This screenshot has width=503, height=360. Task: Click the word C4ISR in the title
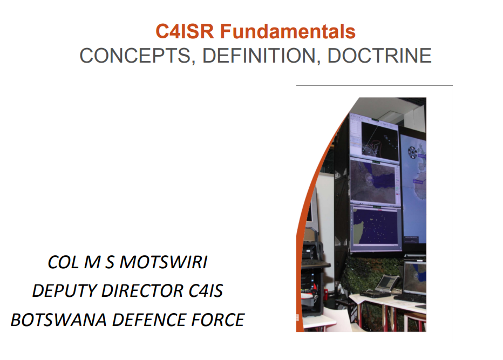click(185, 31)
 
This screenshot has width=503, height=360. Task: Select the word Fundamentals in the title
click(288, 31)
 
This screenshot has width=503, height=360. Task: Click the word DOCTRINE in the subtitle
click(379, 56)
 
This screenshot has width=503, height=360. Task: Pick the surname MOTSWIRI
click(164, 262)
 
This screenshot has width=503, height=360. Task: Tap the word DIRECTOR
click(142, 291)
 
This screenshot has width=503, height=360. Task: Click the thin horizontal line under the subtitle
click(375, 86)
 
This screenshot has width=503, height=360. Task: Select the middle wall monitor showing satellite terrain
click(375, 182)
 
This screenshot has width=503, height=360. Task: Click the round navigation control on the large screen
click(412, 152)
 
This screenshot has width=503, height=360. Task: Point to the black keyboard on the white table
click(409, 297)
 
